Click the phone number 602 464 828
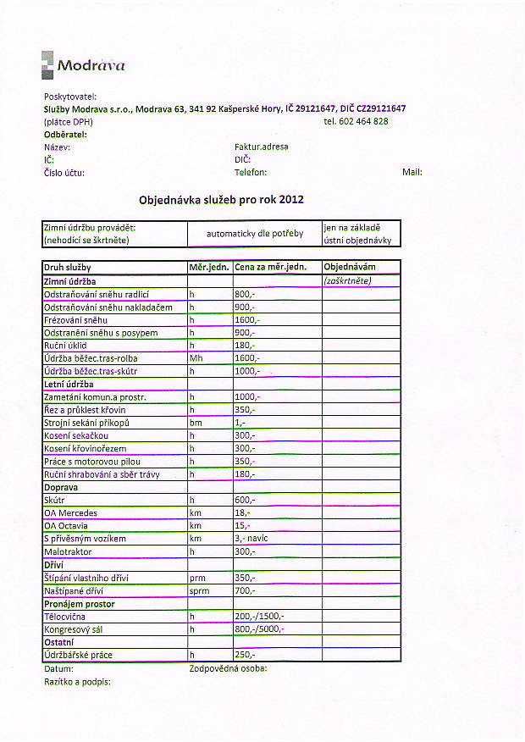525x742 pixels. pyautogui.click(x=356, y=121)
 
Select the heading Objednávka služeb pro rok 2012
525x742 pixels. pyautogui.click(x=221, y=200)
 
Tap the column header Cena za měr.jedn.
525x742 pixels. pyautogui.click(x=270, y=267)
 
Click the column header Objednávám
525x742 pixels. pyautogui.click(x=350, y=267)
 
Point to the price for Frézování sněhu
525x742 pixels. pyautogui.click(x=247, y=320)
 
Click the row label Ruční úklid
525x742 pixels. pyautogui.click(x=65, y=346)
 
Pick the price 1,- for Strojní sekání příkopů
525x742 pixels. pyautogui.click(x=240, y=422)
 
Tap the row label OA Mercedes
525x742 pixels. pyautogui.click(x=70, y=513)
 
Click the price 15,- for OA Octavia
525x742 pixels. pyautogui.click(x=242, y=526)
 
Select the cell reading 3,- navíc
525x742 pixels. pyautogui.click(x=250, y=539)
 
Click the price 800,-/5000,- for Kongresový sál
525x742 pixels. pyautogui.click(x=259, y=629)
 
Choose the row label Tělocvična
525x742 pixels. pyautogui.click(x=64, y=617)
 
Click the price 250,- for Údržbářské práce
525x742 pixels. pyautogui.click(x=245, y=655)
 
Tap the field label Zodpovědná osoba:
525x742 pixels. pyautogui.click(x=228, y=668)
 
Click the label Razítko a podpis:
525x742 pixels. pyautogui.click(x=77, y=681)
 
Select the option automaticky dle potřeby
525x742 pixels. pyautogui.click(x=253, y=233)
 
